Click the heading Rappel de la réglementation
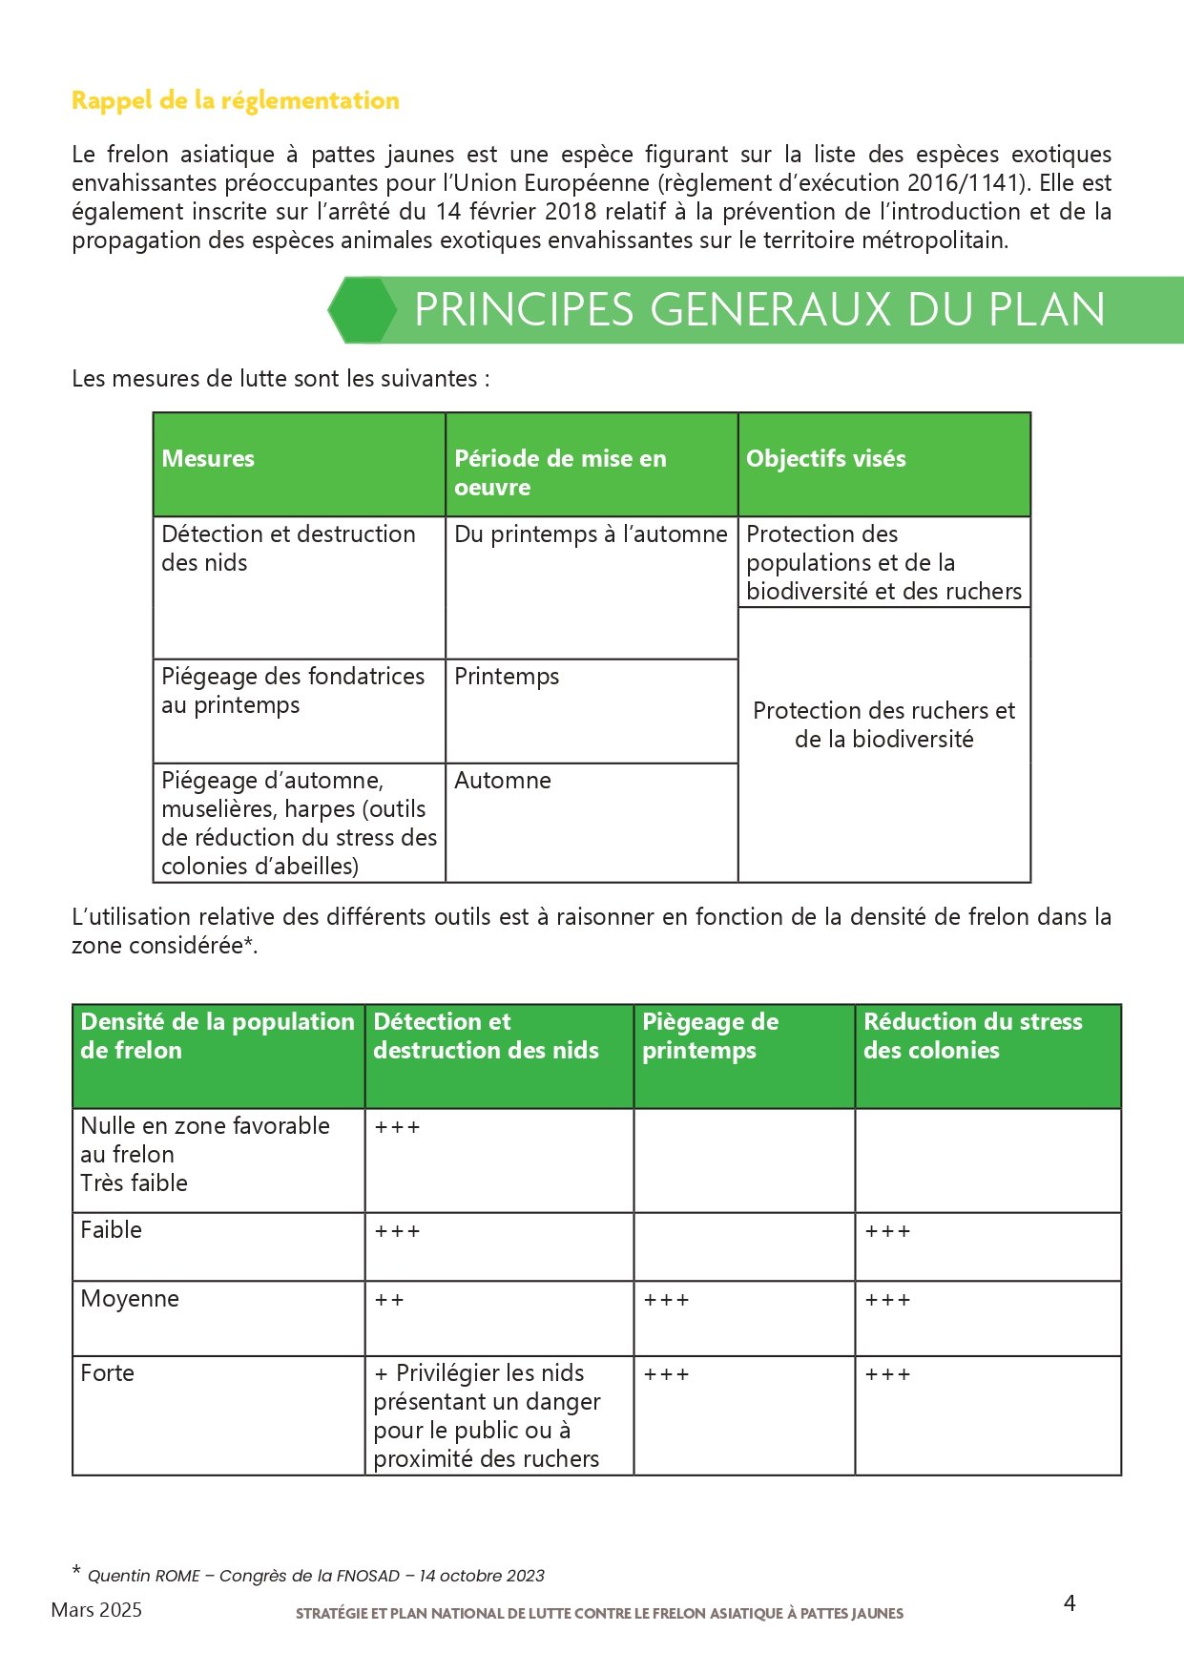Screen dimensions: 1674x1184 pyautogui.click(x=235, y=100)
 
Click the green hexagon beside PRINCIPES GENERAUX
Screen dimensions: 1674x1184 pyautogui.click(x=363, y=309)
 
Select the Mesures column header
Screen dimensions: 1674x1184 pyautogui.click(x=208, y=459)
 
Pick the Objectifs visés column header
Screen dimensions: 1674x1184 pyautogui.click(x=825, y=459)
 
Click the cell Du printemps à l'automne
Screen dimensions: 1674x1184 pyautogui.click(x=591, y=534)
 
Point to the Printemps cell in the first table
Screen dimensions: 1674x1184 pyautogui.click(x=507, y=677)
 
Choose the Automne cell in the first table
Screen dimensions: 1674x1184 pyautogui.click(x=503, y=781)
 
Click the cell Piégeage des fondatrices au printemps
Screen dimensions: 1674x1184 pyautogui.click(x=292, y=691)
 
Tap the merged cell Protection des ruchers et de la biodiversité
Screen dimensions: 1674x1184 pyautogui.click(x=883, y=724)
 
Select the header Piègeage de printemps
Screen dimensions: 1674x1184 pyautogui.click(x=710, y=1036)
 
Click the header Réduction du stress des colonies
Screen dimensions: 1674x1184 pyautogui.click(x=972, y=1036)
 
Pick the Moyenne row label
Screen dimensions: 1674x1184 pyautogui.click(x=130, y=1299)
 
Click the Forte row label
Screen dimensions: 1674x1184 pyautogui.click(x=107, y=1373)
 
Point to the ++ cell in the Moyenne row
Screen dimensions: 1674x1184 pyautogui.click(x=389, y=1300)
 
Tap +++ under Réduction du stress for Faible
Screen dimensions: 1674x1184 pyautogui.click(x=887, y=1232)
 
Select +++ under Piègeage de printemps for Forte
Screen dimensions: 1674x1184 pyautogui.click(x=666, y=1374)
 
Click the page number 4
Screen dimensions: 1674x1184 pyautogui.click(x=1070, y=1602)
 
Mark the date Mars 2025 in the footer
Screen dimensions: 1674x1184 pyautogui.click(x=96, y=1610)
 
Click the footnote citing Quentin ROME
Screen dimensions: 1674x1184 pyautogui.click(x=315, y=1575)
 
